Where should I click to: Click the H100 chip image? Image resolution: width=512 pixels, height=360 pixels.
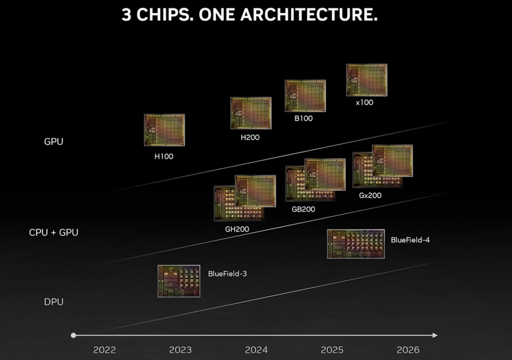(x=164, y=130)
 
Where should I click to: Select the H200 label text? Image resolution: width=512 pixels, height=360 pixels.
(x=249, y=137)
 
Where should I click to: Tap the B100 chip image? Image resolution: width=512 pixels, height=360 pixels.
(x=305, y=95)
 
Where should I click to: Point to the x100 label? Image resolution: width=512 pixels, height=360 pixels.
(x=364, y=102)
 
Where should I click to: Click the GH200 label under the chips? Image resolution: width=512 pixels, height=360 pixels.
(x=237, y=229)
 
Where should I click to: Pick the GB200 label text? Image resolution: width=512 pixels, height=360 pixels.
(x=304, y=209)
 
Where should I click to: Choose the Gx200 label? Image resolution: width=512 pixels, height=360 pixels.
(x=370, y=195)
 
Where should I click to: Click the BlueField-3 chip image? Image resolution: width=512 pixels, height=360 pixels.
(x=179, y=281)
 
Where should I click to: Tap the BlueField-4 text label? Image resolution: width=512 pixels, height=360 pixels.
(x=410, y=240)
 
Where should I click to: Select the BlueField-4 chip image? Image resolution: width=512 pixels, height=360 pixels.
(x=356, y=244)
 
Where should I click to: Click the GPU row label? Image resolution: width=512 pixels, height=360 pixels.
(x=54, y=142)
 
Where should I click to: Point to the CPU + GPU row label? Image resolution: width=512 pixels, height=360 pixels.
(x=54, y=232)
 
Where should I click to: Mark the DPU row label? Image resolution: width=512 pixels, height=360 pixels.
(x=54, y=302)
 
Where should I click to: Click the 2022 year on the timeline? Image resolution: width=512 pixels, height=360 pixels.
(x=104, y=350)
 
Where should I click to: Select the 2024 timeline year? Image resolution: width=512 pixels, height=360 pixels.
(x=256, y=350)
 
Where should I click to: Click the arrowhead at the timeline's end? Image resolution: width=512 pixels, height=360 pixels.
(x=435, y=335)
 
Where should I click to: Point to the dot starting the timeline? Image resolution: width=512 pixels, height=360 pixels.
(x=74, y=335)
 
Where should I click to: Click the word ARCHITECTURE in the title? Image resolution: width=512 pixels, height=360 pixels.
(x=309, y=15)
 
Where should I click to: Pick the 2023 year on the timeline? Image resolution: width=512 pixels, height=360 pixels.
(x=180, y=350)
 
